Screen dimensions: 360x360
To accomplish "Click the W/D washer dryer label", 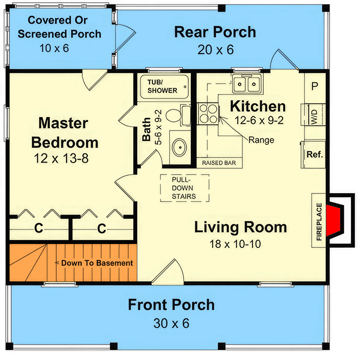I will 313,115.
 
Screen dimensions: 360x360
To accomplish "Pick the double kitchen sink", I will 247,84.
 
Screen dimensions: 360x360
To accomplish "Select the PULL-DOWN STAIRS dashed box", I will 184,188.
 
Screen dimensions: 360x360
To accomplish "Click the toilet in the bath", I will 174,115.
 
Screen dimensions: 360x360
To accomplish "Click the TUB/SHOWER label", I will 162,85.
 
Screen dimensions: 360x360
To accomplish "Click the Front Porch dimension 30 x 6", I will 171,323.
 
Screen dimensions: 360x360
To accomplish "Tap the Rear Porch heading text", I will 215,32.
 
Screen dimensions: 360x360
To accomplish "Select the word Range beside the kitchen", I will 261,140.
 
